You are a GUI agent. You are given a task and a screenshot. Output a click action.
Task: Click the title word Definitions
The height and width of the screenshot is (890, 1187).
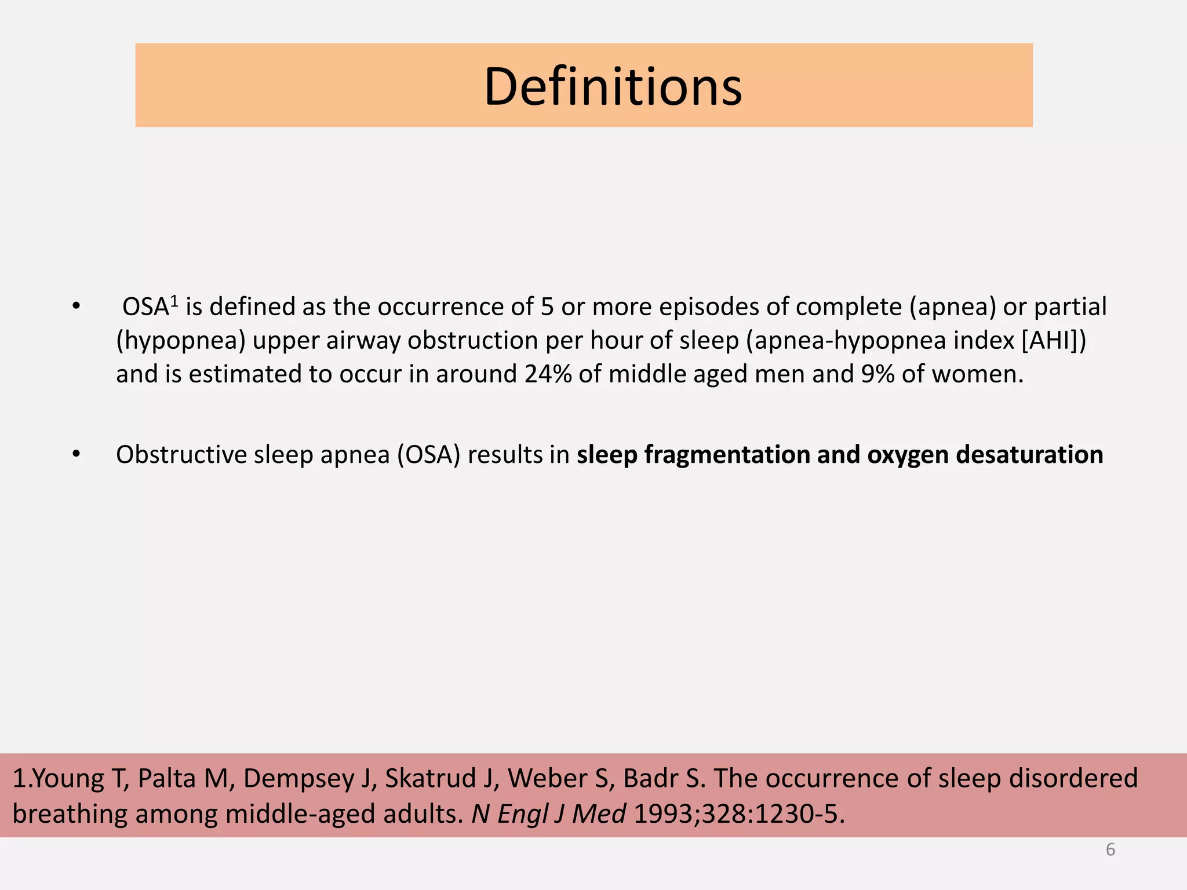pos(613,87)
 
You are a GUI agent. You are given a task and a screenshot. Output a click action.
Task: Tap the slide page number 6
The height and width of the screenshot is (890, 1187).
pos(1110,849)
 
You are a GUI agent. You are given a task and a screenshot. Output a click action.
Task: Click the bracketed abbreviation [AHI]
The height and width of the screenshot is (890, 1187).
pos(1050,341)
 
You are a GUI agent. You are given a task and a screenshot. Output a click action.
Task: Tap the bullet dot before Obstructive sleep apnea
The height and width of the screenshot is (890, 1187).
pos(76,455)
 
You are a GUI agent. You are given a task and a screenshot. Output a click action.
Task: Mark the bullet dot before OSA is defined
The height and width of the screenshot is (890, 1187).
pos(76,307)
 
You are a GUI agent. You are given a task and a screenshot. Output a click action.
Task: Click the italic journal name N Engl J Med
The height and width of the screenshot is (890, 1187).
pos(548,814)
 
